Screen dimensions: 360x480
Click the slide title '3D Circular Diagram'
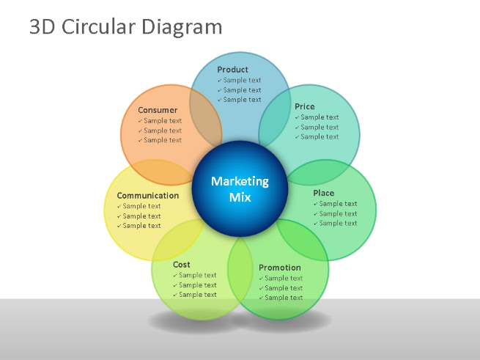pos(125,27)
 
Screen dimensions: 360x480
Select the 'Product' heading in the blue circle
pos(232,70)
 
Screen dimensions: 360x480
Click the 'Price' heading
pos(305,106)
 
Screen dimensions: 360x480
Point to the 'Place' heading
pos(323,193)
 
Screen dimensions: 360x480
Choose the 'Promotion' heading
pos(279,268)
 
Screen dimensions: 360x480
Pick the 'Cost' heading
pos(182,264)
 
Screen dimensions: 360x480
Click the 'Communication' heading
pos(148,196)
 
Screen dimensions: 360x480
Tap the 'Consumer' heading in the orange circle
pos(158,110)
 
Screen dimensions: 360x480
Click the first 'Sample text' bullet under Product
pos(242,80)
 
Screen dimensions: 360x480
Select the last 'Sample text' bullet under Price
pos(320,136)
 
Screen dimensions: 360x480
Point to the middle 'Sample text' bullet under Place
pos(338,213)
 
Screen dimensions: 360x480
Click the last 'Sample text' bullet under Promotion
pos(284,298)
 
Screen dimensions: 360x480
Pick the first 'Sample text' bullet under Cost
pos(197,275)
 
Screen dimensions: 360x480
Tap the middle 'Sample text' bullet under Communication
pos(141,216)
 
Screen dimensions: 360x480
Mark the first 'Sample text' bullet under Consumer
pos(162,121)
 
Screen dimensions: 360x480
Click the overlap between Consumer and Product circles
pos(207,117)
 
